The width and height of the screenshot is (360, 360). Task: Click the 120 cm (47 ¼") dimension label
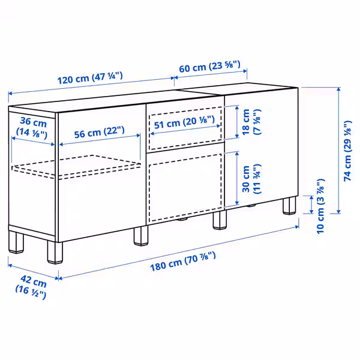pyautogui.click(x=90, y=79)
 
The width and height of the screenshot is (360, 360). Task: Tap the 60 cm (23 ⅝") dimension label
pyautogui.click(x=209, y=67)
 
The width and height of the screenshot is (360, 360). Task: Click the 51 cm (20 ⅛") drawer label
pyautogui.click(x=184, y=122)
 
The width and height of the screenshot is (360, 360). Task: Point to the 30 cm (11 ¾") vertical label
pyautogui.click(x=251, y=179)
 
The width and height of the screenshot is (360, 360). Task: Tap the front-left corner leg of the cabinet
pyautogui.click(x=55, y=251)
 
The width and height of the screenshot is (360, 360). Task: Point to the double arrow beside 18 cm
pyautogui.click(x=238, y=123)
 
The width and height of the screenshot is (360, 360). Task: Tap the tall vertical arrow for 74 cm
pyautogui.click(x=338, y=150)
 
